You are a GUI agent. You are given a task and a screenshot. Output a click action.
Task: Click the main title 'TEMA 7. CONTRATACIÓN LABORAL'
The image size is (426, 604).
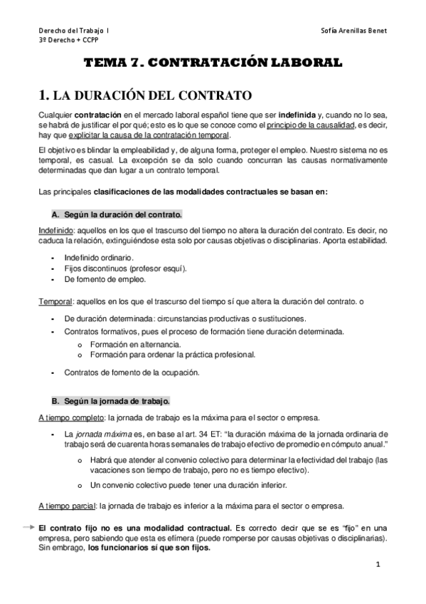[213, 63]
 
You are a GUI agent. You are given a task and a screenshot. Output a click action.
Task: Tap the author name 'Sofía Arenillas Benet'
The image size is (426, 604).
[354, 32]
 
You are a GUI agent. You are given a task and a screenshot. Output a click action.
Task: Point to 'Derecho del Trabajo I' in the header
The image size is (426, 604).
[74, 32]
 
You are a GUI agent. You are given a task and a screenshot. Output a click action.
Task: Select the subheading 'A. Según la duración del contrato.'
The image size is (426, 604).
[117, 214]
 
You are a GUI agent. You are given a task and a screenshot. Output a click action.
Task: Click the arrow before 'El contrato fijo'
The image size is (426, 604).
[28, 528]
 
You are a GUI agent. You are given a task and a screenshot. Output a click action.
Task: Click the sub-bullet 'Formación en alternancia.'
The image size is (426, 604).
[132, 343]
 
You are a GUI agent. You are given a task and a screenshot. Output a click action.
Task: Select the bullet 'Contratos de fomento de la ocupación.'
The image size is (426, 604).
[132, 373]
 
